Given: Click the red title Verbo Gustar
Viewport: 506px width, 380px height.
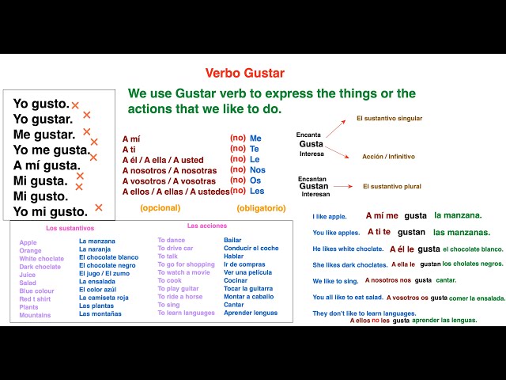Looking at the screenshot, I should (x=244, y=73).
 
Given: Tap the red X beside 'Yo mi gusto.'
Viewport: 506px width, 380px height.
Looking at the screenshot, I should (x=99, y=208).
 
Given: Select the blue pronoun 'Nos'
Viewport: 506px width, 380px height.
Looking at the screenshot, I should (x=258, y=170).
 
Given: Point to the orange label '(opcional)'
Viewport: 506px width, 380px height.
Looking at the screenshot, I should (x=160, y=208).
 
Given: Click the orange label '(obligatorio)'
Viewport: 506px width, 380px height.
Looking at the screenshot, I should (x=262, y=208).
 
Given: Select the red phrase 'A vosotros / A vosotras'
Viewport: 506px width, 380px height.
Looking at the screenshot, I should (x=169, y=180).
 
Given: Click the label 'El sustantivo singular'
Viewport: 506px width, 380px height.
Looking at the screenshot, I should (x=389, y=119).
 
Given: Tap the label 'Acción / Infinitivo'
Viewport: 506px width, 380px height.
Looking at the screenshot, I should (x=388, y=157).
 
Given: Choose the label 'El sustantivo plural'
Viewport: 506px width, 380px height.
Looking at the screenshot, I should (x=391, y=187).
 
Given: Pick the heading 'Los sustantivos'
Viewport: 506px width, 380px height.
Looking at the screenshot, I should (x=70, y=228).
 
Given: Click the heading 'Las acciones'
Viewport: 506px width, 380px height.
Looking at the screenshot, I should (x=206, y=226).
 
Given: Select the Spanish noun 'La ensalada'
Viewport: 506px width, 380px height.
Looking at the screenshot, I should (x=97, y=281).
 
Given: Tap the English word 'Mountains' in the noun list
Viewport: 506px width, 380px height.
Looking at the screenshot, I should (x=35, y=315).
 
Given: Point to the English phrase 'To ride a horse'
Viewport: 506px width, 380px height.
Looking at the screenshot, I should (x=179, y=297).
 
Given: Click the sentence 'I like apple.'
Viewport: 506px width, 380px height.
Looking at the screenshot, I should (x=330, y=216).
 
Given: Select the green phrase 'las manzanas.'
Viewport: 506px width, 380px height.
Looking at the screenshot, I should (x=461, y=233).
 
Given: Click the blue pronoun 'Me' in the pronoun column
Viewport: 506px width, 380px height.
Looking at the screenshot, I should (x=255, y=139).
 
